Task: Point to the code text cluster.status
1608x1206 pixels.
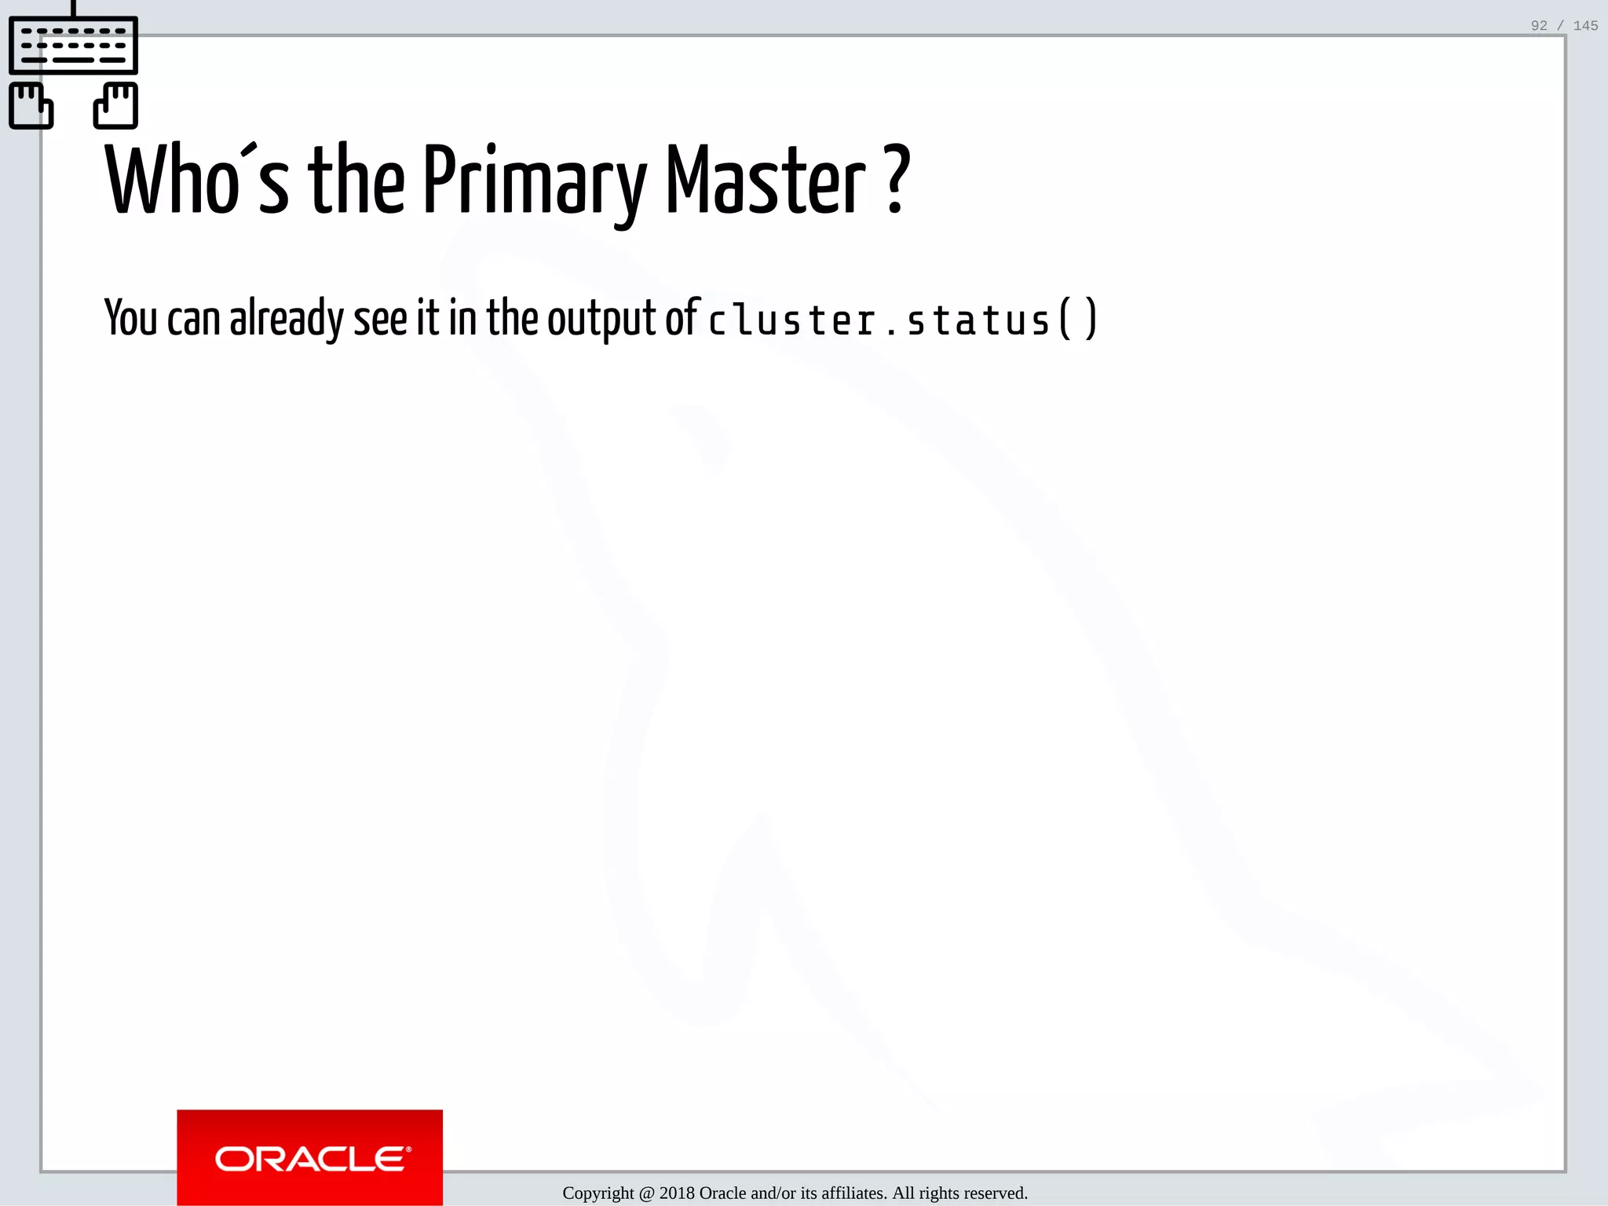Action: pyautogui.click(x=879, y=320)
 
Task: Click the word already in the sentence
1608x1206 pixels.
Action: pyautogui.click(x=286, y=319)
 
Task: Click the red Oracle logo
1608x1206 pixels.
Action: pyautogui.click(x=309, y=1157)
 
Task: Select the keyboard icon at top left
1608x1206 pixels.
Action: pyautogui.click(x=73, y=45)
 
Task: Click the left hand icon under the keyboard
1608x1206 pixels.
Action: pyautogui.click(x=31, y=105)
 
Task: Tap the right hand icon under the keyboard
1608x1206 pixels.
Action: pyautogui.click(x=116, y=105)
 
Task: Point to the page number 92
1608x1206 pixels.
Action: pyautogui.click(x=1539, y=26)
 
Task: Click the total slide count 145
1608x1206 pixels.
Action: pyautogui.click(x=1585, y=26)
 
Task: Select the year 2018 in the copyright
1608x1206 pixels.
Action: pyautogui.click(x=677, y=1193)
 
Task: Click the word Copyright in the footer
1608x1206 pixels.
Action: pyautogui.click(x=598, y=1193)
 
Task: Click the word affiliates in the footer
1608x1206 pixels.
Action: pyautogui.click(x=854, y=1193)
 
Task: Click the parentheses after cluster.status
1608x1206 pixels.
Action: pyautogui.click(x=1078, y=319)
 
